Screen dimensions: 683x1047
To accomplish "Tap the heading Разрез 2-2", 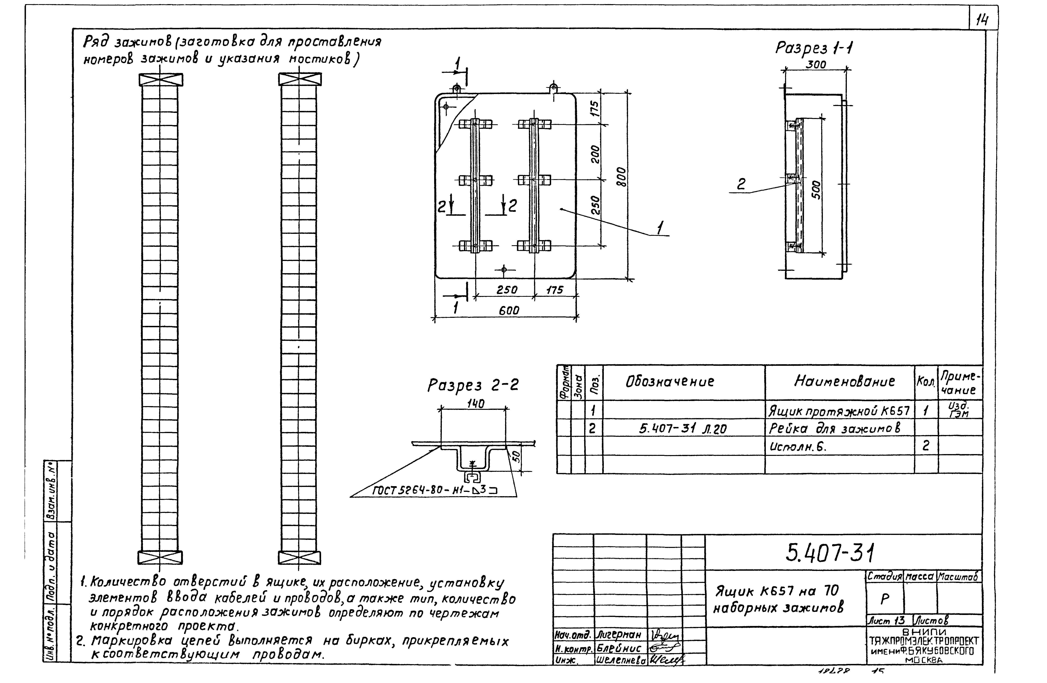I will pos(473,385).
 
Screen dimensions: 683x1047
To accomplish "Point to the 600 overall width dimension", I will pos(509,310).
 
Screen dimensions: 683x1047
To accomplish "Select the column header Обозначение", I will pos(670,382).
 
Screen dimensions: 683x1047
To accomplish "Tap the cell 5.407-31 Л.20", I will pos(683,428).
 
